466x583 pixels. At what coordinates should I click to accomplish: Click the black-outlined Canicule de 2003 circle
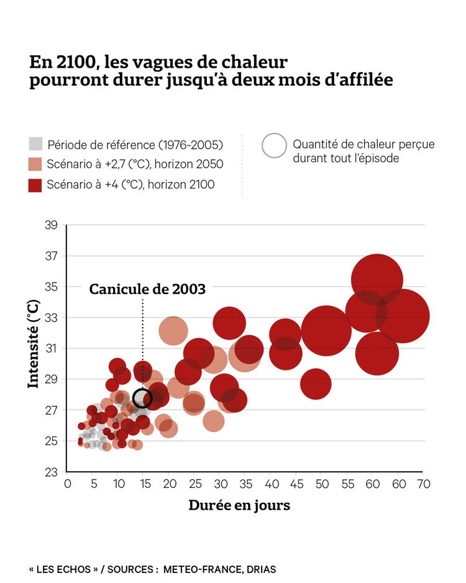click(142, 398)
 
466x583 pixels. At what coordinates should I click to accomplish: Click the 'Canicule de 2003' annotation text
click(147, 289)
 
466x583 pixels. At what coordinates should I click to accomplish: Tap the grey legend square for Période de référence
click(35, 144)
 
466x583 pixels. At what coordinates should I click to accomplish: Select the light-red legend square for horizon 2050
click(35, 164)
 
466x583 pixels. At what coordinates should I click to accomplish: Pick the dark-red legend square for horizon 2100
click(35, 185)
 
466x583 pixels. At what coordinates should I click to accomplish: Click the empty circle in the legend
click(274, 146)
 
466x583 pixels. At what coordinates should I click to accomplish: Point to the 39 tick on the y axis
click(51, 225)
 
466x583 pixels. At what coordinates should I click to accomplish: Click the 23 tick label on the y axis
click(51, 472)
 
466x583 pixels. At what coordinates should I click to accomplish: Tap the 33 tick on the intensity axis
click(51, 318)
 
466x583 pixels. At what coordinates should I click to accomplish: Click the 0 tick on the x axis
click(67, 484)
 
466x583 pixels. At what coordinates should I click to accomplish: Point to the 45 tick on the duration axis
click(296, 484)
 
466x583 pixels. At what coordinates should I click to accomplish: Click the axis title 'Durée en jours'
click(239, 505)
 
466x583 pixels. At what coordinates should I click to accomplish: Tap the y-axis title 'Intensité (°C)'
click(34, 344)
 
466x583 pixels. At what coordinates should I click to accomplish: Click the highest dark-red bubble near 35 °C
click(377, 280)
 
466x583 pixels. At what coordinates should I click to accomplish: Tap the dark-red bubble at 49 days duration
click(316, 383)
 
